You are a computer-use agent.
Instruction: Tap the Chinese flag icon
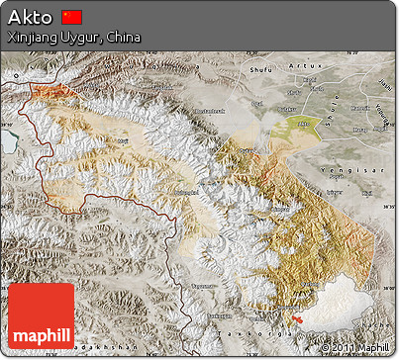tap(71, 17)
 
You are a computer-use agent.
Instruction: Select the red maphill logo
tap(41, 315)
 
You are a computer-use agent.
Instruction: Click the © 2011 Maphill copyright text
tap(355, 348)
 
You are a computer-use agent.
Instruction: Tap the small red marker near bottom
tap(296, 317)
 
